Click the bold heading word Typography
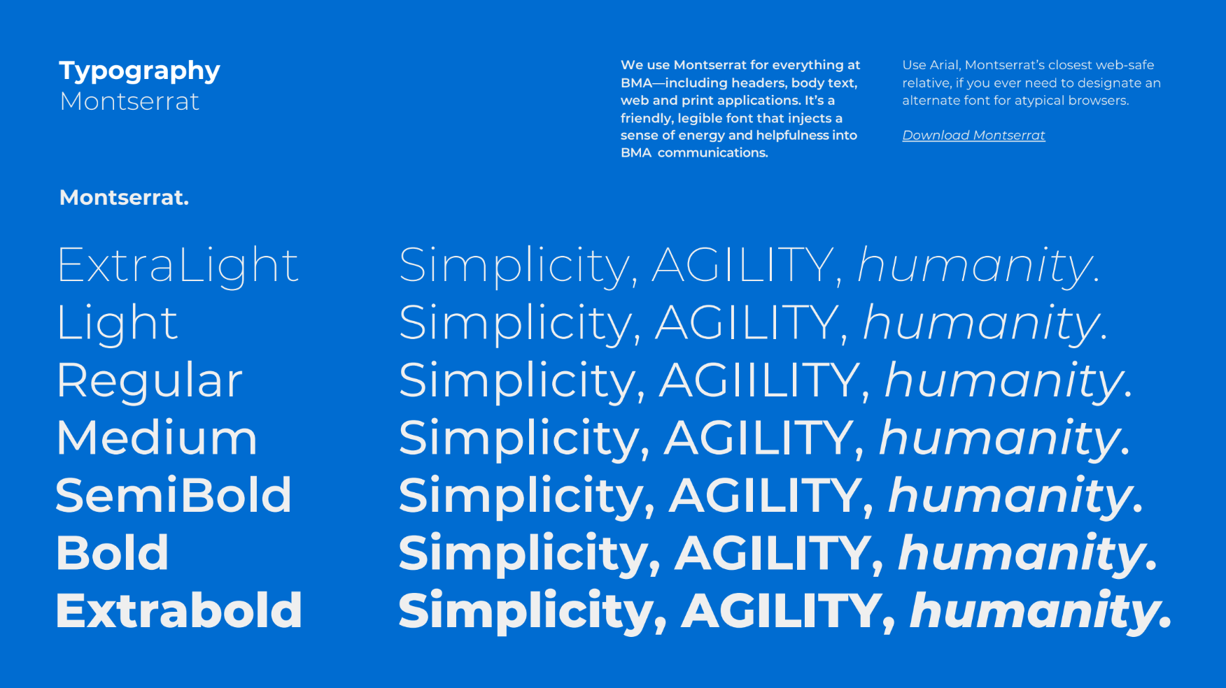pyautogui.click(x=140, y=71)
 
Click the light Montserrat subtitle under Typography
pyautogui.click(x=129, y=101)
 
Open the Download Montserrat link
pyautogui.click(x=973, y=136)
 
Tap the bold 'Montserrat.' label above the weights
pyautogui.click(x=124, y=198)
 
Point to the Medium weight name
pyautogui.click(x=157, y=438)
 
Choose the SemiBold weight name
pyautogui.click(x=174, y=496)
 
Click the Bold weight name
pyautogui.click(x=112, y=553)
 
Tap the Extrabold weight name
pyautogui.click(x=179, y=610)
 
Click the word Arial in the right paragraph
pyautogui.click(x=945, y=65)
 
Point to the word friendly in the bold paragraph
pyautogui.click(x=647, y=119)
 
